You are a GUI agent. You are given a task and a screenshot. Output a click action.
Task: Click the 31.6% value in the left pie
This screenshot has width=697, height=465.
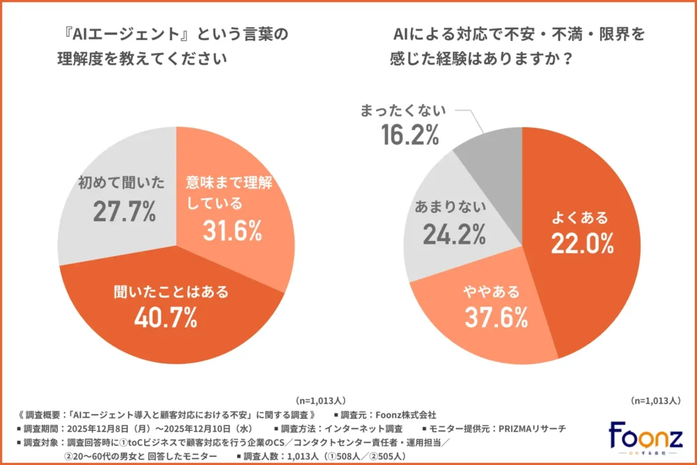point(232,231)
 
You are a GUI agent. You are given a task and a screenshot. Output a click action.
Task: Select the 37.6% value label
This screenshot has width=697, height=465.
point(497,317)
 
